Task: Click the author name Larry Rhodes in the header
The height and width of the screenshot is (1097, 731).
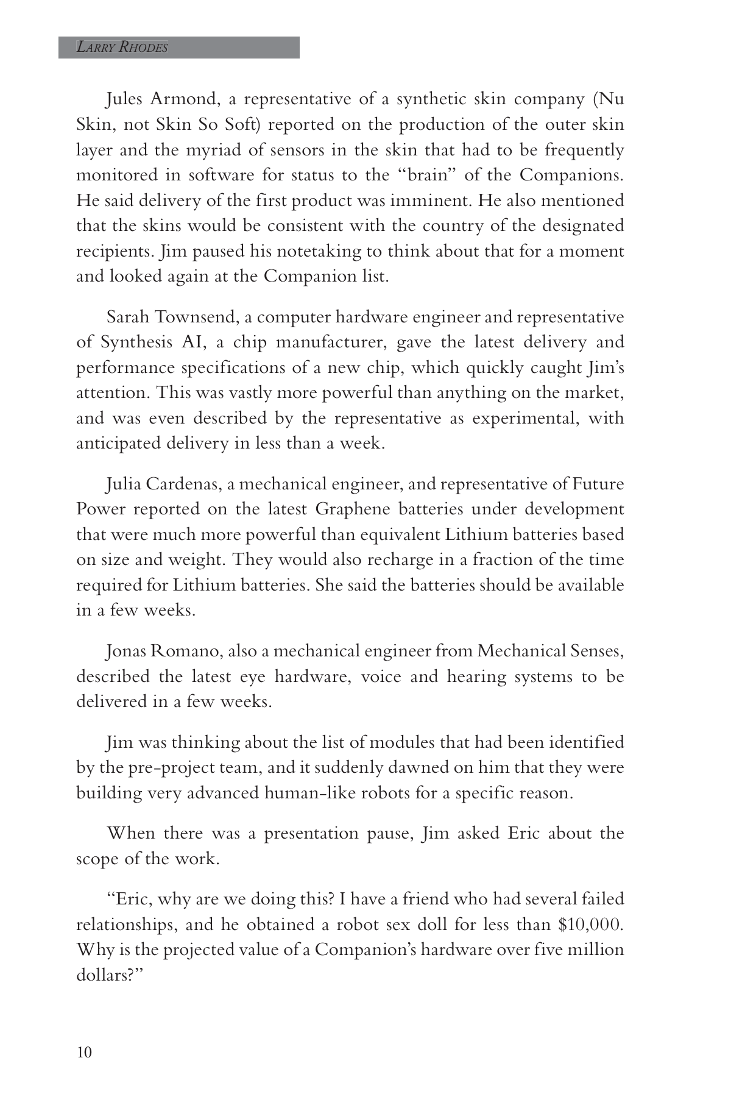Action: (122, 48)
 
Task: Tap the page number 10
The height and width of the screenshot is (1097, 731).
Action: (84, 1052)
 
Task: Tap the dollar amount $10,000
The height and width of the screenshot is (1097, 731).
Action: (590, 925)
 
